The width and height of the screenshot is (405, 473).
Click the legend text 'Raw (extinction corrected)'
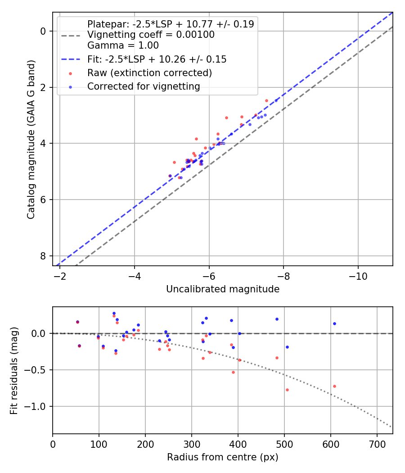pyautogui.click(x=149, y=73)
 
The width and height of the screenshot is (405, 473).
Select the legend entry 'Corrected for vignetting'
pyautogui.click(x=144, y=86)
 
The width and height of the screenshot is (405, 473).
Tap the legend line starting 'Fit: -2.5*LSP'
pyautogui.click(x=157, y=59)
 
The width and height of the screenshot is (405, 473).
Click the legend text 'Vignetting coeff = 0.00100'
pyautogui.click(x=151, y=35)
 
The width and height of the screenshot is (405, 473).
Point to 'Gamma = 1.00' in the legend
pyautogui.click(x=123, y=45)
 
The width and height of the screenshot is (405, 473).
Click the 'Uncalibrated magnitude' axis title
pyautogui.click(x=223, y=289)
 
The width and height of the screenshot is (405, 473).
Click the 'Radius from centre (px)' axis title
pyautogui.click(x=223, y=457)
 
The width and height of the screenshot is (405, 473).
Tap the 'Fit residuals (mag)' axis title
pyautogui.click(x=14, y=370)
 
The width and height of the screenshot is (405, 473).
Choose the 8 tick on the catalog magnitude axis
pyautogui.click(x=43, y=256)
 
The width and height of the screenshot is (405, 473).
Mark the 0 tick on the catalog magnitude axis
pyautogui.click(x=43, y=31)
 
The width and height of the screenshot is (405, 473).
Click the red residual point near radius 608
pyautogui.click(x=334, y=386)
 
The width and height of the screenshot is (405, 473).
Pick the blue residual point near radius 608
pyautogui.click(x=334, y=323)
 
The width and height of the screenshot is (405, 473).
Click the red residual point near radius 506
pyautogui.click(x=287, y=390)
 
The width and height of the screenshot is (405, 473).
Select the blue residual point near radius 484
pyautogui.click(x=277, y=319)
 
